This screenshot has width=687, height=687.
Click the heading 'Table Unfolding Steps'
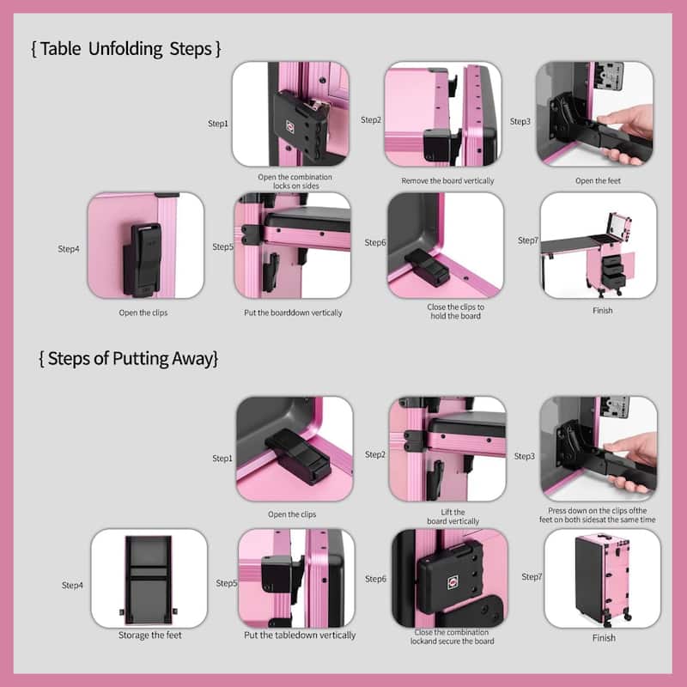coord(126,49)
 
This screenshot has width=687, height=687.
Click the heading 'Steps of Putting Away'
coord(128,359)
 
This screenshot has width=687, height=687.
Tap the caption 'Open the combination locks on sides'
coord(295,181)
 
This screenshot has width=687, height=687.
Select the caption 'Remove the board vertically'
coord(442,181)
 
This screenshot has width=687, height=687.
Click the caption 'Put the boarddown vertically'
coord(293,313)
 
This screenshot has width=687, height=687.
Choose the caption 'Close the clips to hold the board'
coord(455,311)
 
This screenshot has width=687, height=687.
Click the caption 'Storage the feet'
coord(149,635)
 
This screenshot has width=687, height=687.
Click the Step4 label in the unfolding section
coord(69,249)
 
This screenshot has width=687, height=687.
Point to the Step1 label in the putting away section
coord(222,459)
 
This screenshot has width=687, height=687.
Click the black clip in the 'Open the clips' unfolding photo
coord(143,249)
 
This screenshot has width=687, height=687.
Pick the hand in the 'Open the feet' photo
coord(627,129)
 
